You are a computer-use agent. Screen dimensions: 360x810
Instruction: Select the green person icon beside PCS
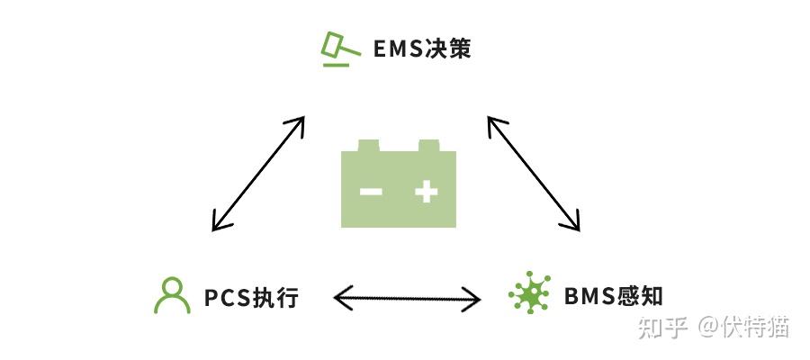pos(172,295)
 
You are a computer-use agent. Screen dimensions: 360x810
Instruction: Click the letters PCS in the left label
pos(227,297)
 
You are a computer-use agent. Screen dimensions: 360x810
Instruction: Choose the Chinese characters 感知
pos(640,296)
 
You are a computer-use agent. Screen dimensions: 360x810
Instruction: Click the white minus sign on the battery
pos(371,191)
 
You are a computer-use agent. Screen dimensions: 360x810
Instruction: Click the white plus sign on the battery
pos(426,191)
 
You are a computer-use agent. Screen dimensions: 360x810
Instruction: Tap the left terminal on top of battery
pos(370,145)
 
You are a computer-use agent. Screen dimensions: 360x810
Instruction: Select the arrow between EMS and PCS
pos(258,173)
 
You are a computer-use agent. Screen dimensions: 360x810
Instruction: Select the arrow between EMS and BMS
pos(534,173)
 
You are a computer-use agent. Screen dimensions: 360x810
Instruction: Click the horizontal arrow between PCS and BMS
pos(407,297)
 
